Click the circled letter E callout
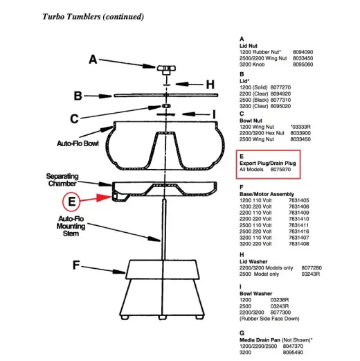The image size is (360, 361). (71, 202)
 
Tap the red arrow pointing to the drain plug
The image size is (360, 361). (96, 198)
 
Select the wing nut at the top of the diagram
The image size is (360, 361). (166, 69)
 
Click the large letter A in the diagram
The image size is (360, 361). (93, 60)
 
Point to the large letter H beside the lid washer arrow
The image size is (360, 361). (210, 85)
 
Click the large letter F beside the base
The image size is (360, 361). (76, 265)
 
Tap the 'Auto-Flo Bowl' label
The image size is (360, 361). (78, 143)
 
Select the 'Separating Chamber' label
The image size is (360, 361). (62, 179)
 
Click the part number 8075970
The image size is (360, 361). (280, 169)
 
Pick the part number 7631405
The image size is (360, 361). (298, 200)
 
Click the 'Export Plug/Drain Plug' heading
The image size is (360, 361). (268, 163)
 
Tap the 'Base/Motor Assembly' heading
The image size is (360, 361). (267, 194)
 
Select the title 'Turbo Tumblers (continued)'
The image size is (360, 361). (93, 17)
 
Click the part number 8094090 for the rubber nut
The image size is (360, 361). (303, 52)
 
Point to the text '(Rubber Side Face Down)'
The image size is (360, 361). (269, 319)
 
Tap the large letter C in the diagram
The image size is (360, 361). (74, 118)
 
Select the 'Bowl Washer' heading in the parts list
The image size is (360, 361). (255, 294)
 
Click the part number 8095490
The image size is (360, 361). (293, 352)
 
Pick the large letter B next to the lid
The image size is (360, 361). (78, 96)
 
